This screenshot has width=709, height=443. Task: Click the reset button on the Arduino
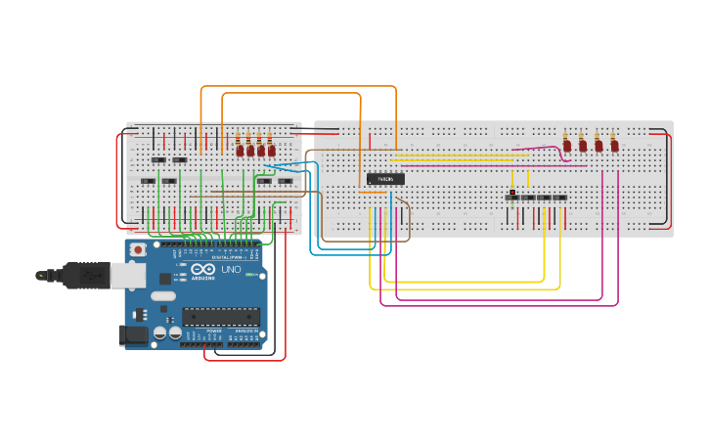click(139, 250)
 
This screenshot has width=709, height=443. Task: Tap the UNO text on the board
click(232, 269)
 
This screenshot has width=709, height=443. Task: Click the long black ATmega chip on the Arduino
click(221, 315)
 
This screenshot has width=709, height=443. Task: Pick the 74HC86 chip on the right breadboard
click(385, 178)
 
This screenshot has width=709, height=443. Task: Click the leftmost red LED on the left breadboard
click(240, 150)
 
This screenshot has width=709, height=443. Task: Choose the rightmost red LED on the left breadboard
click(272, 150)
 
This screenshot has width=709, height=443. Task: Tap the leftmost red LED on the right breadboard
click(566, 146)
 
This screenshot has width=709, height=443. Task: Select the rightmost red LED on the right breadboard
click(615, 146)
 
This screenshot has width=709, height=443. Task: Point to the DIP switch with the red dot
click(512, 197)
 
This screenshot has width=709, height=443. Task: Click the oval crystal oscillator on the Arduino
click(163, 295)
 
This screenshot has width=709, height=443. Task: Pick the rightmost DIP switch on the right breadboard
click(559, 198)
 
